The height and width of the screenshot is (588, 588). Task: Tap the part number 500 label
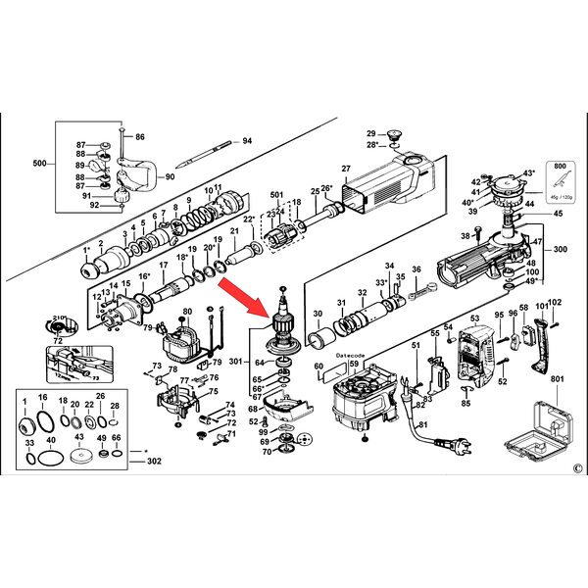tap(40, 163)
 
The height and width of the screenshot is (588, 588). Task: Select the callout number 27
tap(346, 169)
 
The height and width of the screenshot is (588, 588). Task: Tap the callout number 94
tap(247, 141)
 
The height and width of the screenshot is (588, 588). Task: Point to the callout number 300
tap(559, 250)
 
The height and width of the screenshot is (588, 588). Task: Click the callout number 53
tap(473, 319)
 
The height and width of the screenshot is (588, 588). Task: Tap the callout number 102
tap(554, 303)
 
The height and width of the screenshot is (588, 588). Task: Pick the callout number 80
tap(186, 313)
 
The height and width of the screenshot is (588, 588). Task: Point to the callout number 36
tap(416, 269)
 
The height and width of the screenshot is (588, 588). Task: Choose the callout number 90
tap(169, 176)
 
